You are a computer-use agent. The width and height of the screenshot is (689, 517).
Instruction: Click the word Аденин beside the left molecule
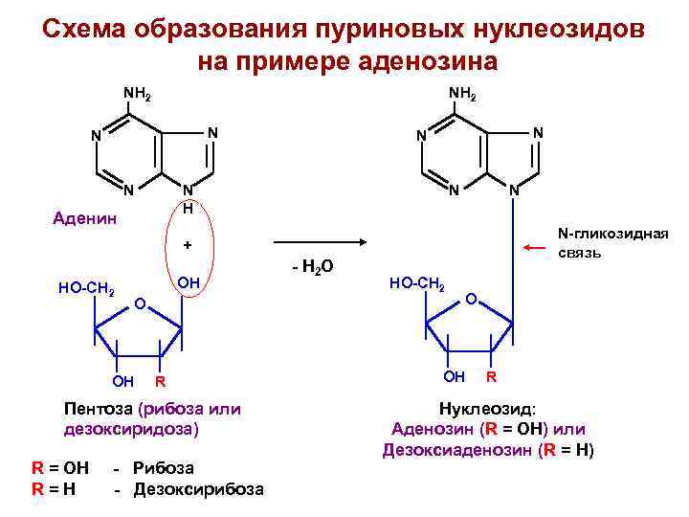(x=86, y=218)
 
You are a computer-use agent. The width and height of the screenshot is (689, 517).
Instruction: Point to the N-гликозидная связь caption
(x=612, y=243)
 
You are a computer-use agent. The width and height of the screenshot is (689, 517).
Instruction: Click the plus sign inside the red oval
(x=188, y=245)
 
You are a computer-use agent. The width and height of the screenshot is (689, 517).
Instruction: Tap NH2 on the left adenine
(x=137, y=94)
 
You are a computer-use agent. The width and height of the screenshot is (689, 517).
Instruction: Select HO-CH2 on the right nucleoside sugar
(x=415, y=283)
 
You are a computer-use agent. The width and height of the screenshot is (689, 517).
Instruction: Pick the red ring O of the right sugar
(x=470, y=302)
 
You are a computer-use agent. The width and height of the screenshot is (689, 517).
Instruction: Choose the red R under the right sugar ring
(x=491, y=375)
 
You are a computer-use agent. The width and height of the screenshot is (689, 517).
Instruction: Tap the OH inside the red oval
(x=189, y=282)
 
